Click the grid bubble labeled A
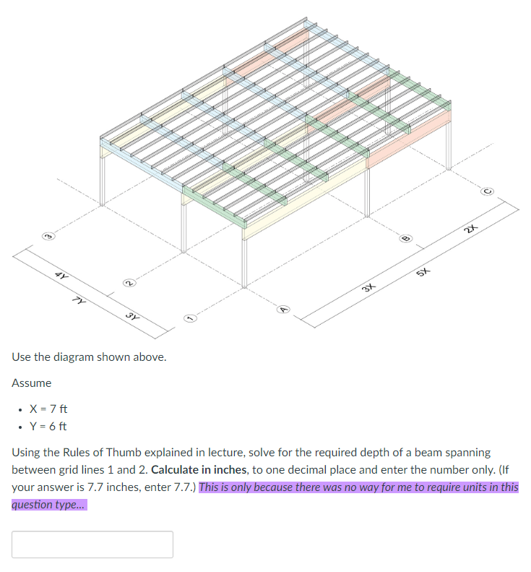pos(284,310)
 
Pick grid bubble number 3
pos(48,236)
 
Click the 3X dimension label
pos(369,287)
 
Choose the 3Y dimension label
pos(131,316)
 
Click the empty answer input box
pos(92,545)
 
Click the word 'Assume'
pos(32,383)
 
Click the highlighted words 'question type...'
pos(48,505)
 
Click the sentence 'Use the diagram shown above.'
pos(89,357)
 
